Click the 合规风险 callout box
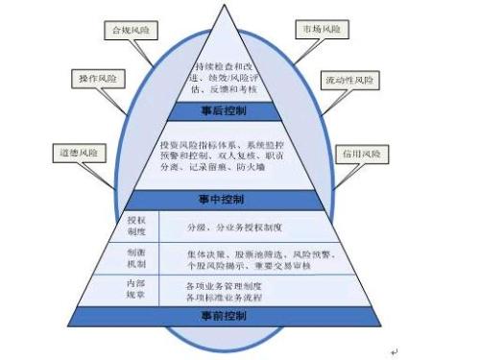click(132, 30)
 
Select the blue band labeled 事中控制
click(223, 200)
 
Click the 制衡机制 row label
click(136, 257)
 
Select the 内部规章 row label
click(136, 289)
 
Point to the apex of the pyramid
click(222, 6)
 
